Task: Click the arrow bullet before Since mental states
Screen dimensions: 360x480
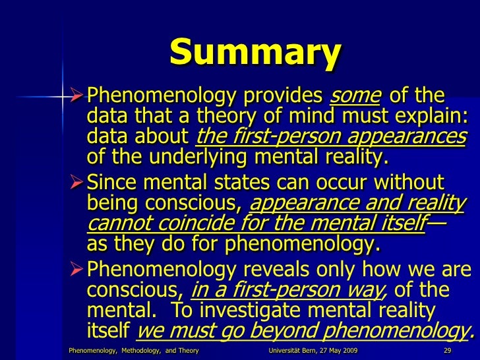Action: pos(77,181)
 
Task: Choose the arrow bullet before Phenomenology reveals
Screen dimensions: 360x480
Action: pos(77,270)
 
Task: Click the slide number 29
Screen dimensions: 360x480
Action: pos(447,349)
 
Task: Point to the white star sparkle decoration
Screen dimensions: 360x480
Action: pos(63,98)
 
